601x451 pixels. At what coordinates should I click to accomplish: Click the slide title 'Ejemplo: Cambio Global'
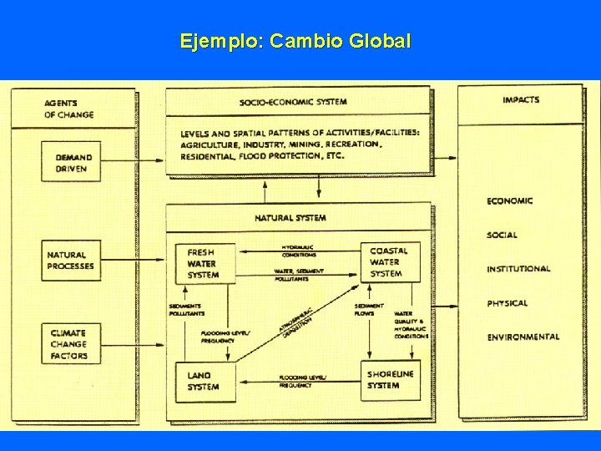[x=295, y=41]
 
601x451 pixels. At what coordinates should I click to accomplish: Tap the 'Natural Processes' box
[x=72, y=261]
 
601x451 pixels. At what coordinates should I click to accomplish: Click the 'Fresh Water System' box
[x=205, y=262]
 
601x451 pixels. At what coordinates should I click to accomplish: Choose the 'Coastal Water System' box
[x=389, y=261]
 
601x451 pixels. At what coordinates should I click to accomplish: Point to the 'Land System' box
[x=205, y=381]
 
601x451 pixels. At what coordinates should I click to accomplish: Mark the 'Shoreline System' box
[x=389, y=380]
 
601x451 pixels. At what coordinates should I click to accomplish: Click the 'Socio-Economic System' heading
[x=292, y=102]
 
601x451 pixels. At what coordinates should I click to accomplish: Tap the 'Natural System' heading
[x=290, y=218]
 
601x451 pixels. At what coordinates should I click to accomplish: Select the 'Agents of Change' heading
[x=69, y=109]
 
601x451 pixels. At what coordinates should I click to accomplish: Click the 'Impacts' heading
[x=521, y=100]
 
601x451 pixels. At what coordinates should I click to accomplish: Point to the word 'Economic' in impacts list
[x=510, y=200]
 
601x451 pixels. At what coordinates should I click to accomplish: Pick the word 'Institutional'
[x=518, y=269]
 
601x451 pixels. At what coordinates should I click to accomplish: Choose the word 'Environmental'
[x=523, y=337]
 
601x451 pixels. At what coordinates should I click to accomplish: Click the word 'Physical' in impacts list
[x=508, y=303]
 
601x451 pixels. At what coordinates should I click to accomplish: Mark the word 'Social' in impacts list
[x=503, y=236]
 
